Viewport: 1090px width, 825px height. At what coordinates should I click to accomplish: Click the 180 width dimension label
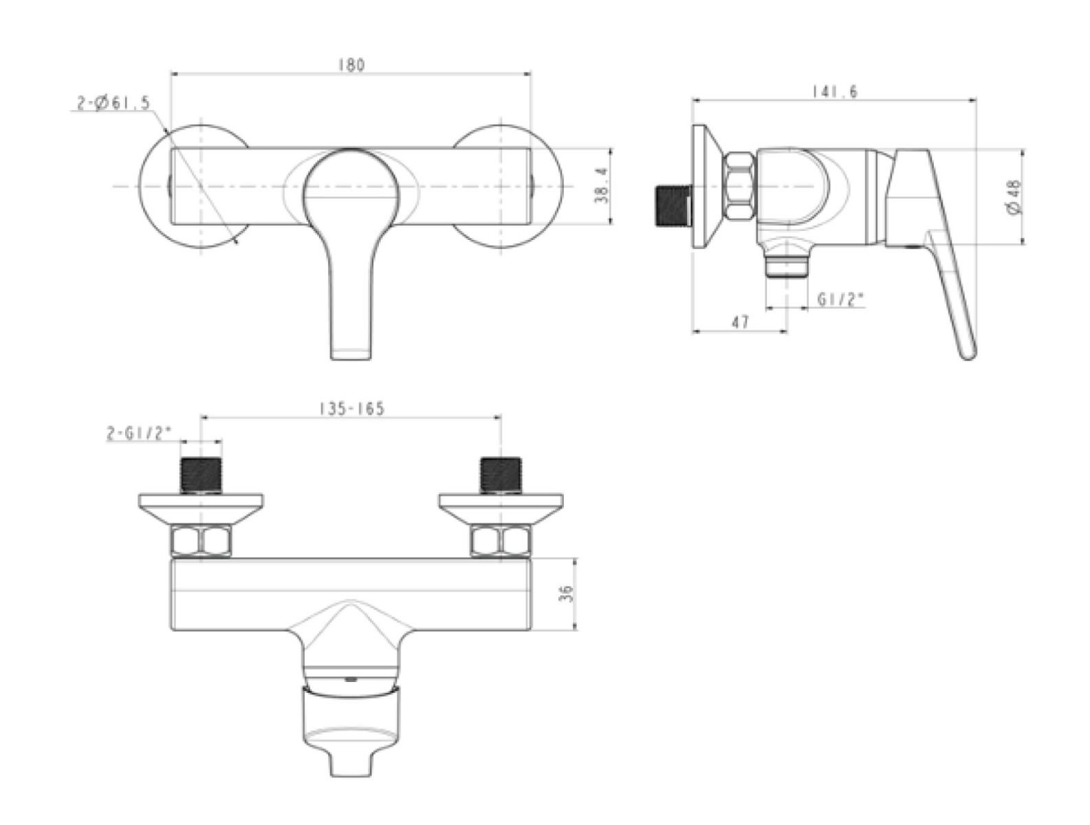351,65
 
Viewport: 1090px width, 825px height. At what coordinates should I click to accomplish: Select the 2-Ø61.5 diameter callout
112,104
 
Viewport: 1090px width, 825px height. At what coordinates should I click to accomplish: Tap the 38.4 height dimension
602,186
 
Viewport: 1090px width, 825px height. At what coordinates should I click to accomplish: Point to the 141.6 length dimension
833,92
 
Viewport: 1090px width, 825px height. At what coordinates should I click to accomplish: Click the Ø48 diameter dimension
1013,196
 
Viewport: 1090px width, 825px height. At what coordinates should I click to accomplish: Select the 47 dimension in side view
740,322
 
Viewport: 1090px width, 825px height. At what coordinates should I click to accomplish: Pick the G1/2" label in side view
840,300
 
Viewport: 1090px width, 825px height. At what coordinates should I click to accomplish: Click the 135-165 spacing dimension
351,408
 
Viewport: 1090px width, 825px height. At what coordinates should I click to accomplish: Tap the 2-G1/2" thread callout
138,434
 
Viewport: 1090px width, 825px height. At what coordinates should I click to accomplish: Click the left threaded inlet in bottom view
201,475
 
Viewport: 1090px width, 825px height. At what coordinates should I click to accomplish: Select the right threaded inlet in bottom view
501,475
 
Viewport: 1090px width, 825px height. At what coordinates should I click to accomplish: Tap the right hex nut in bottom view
501,540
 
